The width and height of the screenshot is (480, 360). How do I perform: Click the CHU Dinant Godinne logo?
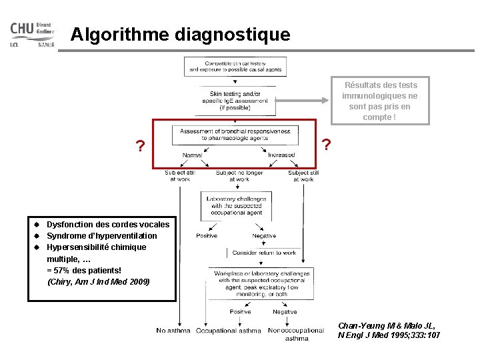click(32, 35)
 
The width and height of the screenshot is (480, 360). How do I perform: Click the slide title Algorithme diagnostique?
click(180, 34)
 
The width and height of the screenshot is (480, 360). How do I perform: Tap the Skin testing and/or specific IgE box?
click(239, 101)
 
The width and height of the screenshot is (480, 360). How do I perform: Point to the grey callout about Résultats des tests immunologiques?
click(381, 101)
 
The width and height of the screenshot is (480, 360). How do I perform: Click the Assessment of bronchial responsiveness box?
click(235, 135)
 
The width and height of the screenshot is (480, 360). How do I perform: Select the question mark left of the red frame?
click(139, 146)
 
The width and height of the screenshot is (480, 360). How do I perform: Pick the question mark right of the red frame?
click(326, 144)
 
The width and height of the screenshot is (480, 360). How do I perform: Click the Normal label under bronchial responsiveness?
click(192, 155)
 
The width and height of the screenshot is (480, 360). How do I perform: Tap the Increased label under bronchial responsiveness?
click(281, 155)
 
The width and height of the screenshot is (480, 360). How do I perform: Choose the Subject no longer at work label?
click(239, 176)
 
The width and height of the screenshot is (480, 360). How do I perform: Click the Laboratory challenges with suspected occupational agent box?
click(236, 206)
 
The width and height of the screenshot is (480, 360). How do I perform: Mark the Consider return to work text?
click(264, 253)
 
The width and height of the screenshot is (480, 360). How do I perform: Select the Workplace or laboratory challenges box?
click(261, 284)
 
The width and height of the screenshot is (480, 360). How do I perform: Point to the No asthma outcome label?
click(173, 331)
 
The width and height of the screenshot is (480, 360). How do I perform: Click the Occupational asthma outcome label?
click(229, 331)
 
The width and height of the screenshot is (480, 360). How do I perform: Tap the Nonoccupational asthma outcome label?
click(296, 334)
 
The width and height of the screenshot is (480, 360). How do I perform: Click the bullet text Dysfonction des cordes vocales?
click(108, 224)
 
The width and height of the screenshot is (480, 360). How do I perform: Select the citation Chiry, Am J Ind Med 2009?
click(99, 281)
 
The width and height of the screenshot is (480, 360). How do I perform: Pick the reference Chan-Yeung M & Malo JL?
click(388, 330)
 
